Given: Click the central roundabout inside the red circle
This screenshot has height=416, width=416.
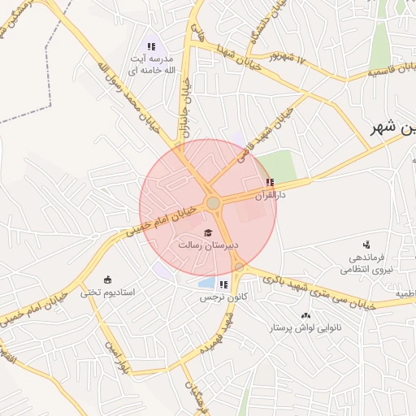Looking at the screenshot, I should [x=213, y=202].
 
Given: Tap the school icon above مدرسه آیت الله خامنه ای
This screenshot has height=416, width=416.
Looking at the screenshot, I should [x=150, y=46].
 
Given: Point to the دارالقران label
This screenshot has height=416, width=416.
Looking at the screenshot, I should [x=272, y=195].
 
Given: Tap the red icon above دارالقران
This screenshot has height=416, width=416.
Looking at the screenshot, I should [x=270, y=182].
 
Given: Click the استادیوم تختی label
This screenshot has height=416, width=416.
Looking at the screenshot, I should [x=110, y=290].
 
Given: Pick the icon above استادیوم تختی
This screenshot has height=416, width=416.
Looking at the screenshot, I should [x=108, y=278].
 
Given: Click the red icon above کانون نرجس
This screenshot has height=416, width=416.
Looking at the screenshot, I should [x=223, y=284].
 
